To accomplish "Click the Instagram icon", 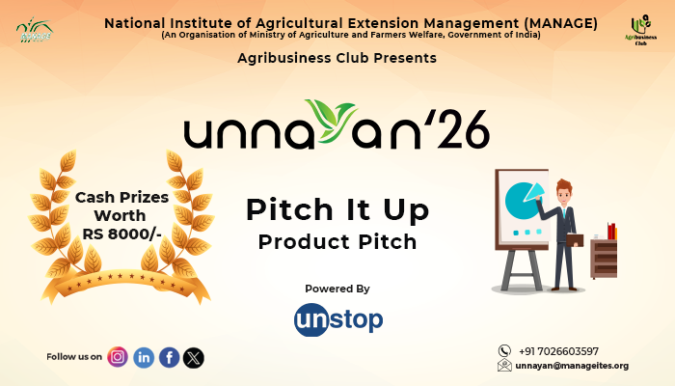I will tap(118, 357).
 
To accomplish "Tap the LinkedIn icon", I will tap(144, 357).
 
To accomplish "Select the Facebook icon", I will tap(169, 357).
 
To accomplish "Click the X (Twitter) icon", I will tap(194, 357).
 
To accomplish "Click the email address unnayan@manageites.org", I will tap(572, 366).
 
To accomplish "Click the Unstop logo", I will tap(337, 318).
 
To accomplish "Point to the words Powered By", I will tap(337, 289).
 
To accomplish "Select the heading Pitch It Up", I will tap(337, 209).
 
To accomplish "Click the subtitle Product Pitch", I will tap(337, 241).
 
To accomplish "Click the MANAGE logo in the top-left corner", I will tap(35, 30).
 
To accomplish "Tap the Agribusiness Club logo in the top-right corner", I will tap(639, 30).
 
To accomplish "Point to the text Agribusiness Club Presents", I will tap(337, 58).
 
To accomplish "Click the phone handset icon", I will tap(504, 350).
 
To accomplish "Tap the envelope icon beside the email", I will tap(504, 366).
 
